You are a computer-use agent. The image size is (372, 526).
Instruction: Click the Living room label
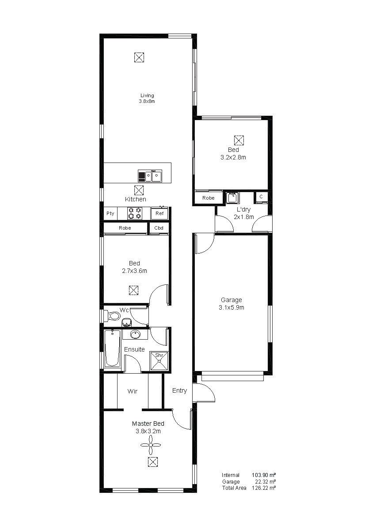tap(147, 95)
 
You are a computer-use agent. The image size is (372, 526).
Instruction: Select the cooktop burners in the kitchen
tap(135, 213)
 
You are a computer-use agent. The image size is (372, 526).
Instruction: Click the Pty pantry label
tap(110, 213)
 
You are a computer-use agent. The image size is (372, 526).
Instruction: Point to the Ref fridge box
tap(159, 213)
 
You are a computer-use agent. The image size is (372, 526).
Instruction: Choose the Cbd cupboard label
tap(159, 228)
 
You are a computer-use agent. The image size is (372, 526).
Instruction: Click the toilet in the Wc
tap(112, 316)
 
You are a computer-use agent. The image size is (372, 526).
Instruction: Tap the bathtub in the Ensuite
tap(112, 348)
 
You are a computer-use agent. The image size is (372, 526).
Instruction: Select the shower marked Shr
tap(159, 360)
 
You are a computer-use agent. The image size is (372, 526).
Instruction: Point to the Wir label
tap(133, 391)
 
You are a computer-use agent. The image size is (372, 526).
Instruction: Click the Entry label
tap(179, 390)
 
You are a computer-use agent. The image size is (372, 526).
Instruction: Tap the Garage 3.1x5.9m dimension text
tap(232, 307)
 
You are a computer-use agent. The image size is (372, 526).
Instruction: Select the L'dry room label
tap(243, 210)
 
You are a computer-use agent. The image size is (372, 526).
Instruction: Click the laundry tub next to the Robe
tap(232, 197)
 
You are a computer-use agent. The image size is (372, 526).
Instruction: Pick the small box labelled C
tap(261, 197)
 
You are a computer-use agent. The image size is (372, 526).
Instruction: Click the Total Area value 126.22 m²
tap(264, 488)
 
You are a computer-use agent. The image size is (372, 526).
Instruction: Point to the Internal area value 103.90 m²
tap(264, 475)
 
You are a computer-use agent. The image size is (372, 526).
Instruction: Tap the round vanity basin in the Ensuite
tap(135, 334)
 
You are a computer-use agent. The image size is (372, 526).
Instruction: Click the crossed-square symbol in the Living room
tap(139, 57)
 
